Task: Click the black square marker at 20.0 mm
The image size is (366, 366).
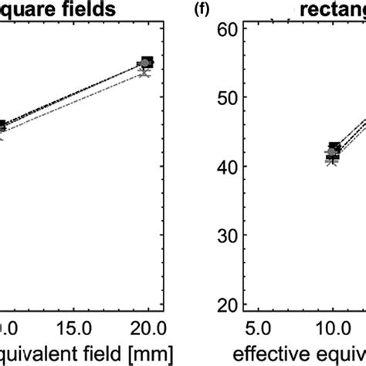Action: pyautogui.click(x=147, y=63)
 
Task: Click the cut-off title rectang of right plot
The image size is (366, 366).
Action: pyautogui.click(x=330, y=11)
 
